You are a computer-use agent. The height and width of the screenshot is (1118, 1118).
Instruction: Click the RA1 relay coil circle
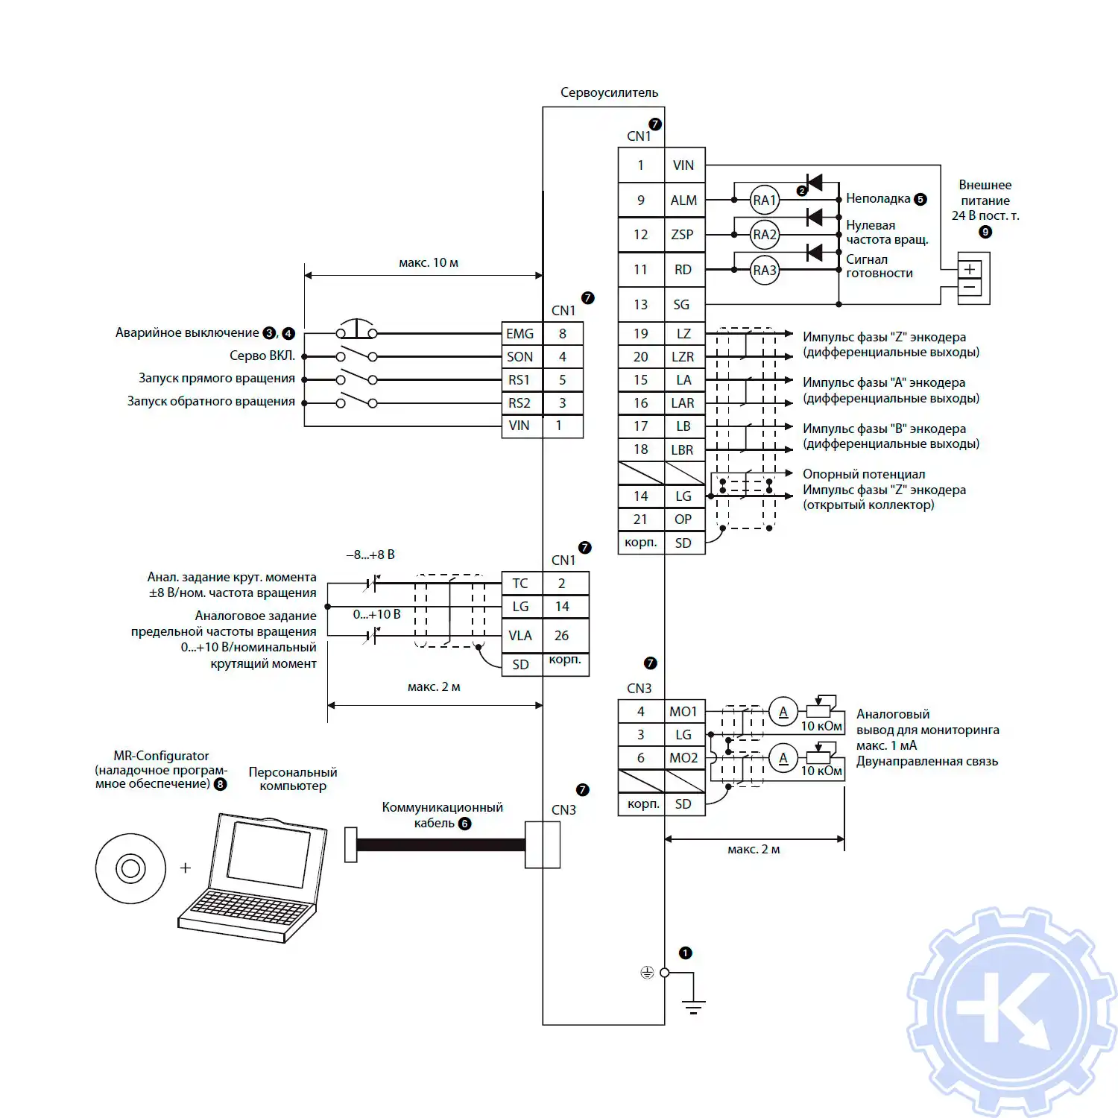pyautogui.click(x=764, y=200)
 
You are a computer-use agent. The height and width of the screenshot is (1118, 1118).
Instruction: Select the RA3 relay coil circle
pyautogui.click(x=764, y=270)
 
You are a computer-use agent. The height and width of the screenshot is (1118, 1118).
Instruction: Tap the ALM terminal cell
pyautogui.click(x=683, y=200)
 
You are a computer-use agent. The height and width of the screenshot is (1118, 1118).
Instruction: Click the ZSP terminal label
pyautogui.click(x=683, y=235)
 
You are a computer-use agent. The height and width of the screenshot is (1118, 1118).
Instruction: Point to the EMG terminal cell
pyautogui.click(x=520, y=334)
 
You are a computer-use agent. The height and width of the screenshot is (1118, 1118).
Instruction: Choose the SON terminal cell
pyautogui.click(x=520, y=357)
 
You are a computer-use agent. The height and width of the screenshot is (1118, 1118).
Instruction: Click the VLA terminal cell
pyautogui.click(x=521, y=636)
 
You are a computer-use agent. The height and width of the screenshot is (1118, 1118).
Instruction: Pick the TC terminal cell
pyautogui.click(x=521, y=584)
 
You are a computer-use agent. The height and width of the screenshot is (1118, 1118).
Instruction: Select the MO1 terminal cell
pyautogui.click(x=683, y=712)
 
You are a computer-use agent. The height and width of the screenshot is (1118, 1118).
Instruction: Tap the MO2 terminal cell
pyautogui.click(x=683, y=758)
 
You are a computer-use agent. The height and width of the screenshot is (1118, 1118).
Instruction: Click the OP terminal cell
pyautogui.click(x=683, y=519)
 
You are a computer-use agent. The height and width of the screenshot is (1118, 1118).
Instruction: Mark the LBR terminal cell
pyautogui.click(x=683, y=449)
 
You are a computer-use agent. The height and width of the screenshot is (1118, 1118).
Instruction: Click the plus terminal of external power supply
pyautogui.click(x=970, y=269)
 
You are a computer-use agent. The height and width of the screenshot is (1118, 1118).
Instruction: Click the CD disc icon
pyautogui.click(x=130, y=868)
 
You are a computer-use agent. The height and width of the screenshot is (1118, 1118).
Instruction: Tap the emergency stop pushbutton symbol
pyautogui.click(x=356, y=329)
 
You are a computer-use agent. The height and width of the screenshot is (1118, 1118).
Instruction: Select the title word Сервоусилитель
pyautogui.click(x=609, y=92)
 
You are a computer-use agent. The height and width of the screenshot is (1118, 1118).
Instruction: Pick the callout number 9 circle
pyautogui.click(x=985, y=232)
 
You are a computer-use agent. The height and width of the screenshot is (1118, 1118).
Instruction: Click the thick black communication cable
pyautogui.click(x=440, y=844)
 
